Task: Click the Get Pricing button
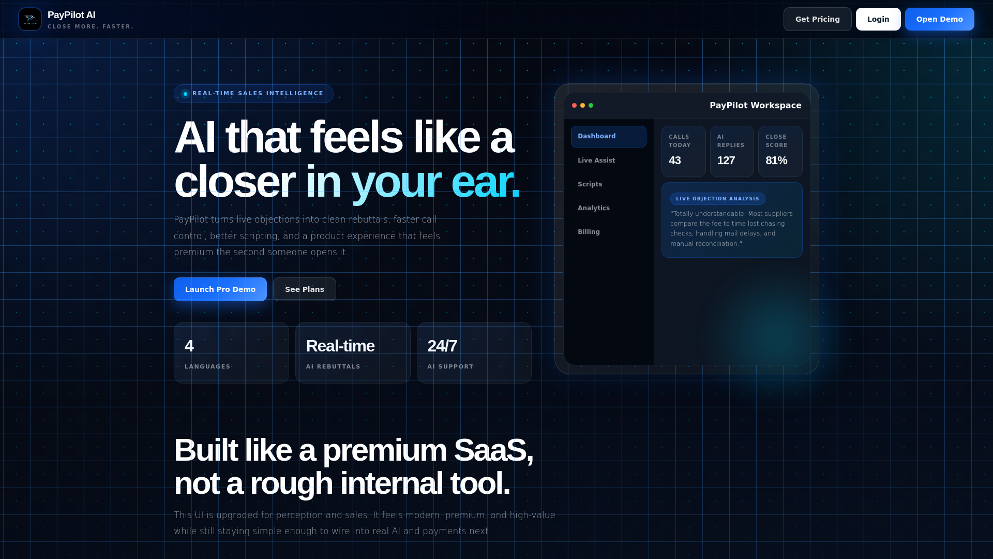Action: [x=817, y=19]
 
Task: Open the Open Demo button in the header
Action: [x=939, y=19]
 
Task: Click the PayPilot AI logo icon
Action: [x=30, y=19]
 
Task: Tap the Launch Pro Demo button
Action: [x=220, y=289]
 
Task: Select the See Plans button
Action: [x=305, y=289]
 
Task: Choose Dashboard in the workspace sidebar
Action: [x=609, y=137]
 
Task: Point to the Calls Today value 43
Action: [x=675, y=160]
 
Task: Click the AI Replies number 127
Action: [x=726, y=160]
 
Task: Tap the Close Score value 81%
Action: [x=776, y=160]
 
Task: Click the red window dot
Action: [x=574, y=106]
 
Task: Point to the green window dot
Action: [x=591, y=106]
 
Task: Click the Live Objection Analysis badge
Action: [x=717, y=199]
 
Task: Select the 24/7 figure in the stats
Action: [x=442, y=346]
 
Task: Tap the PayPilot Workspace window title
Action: [x=756, y=106]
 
